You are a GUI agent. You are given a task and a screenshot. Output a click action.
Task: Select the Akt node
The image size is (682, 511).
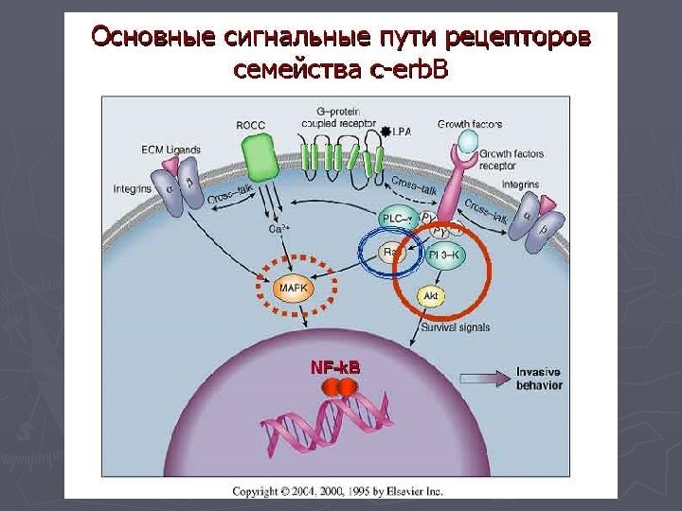[431, 296]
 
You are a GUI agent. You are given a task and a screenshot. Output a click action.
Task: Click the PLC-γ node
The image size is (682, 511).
[397, 220]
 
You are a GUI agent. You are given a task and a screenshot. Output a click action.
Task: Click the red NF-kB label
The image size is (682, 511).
[335, 366]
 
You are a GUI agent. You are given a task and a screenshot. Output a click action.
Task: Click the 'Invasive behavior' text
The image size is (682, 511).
[539, 378]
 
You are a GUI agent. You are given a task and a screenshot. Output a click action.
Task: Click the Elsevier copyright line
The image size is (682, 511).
[338, 491]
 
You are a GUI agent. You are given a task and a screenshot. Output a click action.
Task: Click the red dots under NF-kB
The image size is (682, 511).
[339, 387]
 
